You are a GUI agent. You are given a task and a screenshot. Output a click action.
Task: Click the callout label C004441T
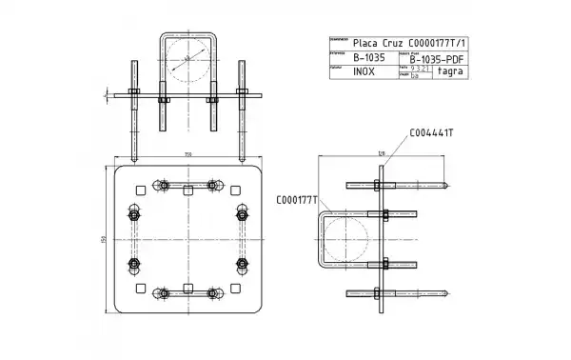click(430, 132)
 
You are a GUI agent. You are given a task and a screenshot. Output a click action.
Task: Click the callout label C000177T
click(296, 199)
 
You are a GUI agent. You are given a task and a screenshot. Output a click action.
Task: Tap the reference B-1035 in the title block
click(369, 57)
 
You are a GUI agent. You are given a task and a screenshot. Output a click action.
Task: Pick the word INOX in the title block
click(364, 71)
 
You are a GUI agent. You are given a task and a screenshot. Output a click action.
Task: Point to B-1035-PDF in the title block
click(436, 58)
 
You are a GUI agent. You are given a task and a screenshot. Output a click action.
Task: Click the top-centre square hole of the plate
click(187, 185)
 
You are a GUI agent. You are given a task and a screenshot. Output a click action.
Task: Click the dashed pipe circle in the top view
click(187, 59)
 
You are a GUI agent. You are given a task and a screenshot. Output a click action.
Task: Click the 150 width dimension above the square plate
click(187, 153)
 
